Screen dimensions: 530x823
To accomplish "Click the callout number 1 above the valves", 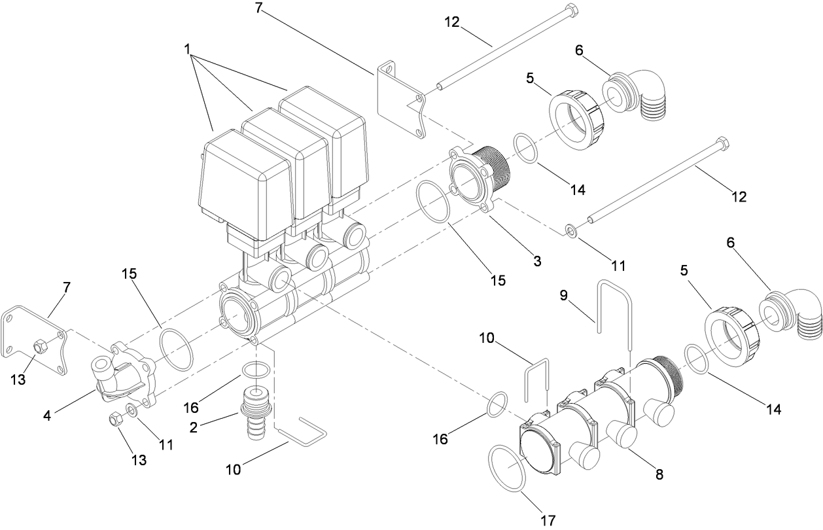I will tap(188, 50).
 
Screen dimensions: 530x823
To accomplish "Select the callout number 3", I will tap(536, 261).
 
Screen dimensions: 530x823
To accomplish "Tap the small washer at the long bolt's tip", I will tap(571, 230).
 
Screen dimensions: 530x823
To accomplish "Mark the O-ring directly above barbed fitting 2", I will tap(255, 370).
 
